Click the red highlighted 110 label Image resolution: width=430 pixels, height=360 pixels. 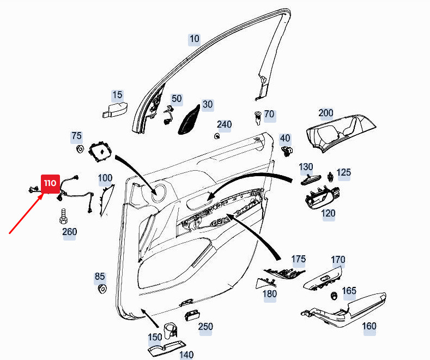[x=50, y=184]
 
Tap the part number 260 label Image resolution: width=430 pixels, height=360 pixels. [x=69, y=232]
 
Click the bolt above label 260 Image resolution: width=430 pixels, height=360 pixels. [x=63, y=216]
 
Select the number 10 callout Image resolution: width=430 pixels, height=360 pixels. [x=195, y=39]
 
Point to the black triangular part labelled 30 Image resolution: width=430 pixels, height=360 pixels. [x=189, y=120]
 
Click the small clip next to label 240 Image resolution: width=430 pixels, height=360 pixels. [x=217, y=136]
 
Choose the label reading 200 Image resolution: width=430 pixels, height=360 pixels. [x=326, y=113]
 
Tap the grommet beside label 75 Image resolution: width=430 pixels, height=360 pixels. [x=80, y=149]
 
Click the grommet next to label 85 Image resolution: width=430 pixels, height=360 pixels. [x=102, y=289]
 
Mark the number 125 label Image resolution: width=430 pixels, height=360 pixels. [x=343, y=172]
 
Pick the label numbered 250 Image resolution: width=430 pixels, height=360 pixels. [x=205, y=327]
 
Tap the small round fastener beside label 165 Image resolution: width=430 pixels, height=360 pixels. [x=334, y=296]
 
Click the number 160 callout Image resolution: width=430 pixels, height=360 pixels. [x=369, y=326]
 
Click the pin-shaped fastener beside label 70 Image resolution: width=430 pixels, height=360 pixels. [x=258, y=118]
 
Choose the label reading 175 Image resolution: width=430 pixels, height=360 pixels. [x=298, y=259]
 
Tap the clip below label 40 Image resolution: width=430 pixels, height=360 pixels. [x=287, y=151]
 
